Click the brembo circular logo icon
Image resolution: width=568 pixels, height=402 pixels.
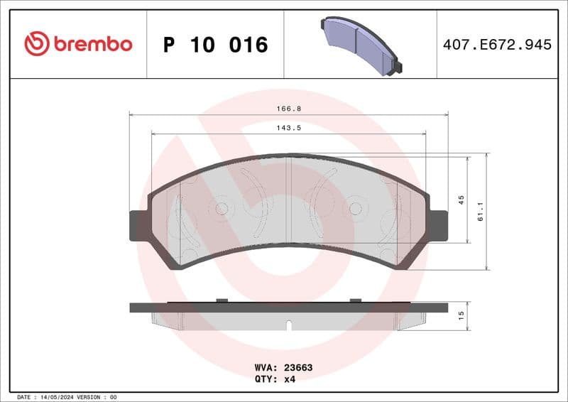pyautogui.click(x=37, y=44)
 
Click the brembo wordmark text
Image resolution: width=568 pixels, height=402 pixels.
pyautogui.click(x=92, y=44)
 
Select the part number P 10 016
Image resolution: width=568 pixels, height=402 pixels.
pyautogui.click(x=215, y=45)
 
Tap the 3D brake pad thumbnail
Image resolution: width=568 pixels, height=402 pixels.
pyautogui.click(x=361, y=45)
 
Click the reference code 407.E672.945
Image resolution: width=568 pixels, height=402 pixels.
pyautogui.click(x=497, y=45)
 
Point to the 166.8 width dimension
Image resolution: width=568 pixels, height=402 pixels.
pyautogui.click(x=287, y=109)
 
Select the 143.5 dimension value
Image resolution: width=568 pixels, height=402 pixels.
pyautogui.click(x=287, y=129)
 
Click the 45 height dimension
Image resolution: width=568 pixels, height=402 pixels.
pyautogui.click(x=461, y=200)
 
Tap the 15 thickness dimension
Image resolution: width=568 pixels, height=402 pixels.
pyautogui.click(x=461, y=315)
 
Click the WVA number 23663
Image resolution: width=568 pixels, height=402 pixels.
pyautogui.click(x=298, y=368)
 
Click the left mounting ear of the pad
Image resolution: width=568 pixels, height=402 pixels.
pyautogui.click(x=138, y=226)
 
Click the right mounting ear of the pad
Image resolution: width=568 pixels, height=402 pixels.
pyautogui.click(x=438, y=226)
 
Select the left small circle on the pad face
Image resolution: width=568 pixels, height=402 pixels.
pyautogui.click(x=221, y=208)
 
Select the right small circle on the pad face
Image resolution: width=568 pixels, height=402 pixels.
pyautogui.click(x=354, y=208)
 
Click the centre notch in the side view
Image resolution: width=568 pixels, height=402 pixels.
pyautogui.click(x=288, y=325)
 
